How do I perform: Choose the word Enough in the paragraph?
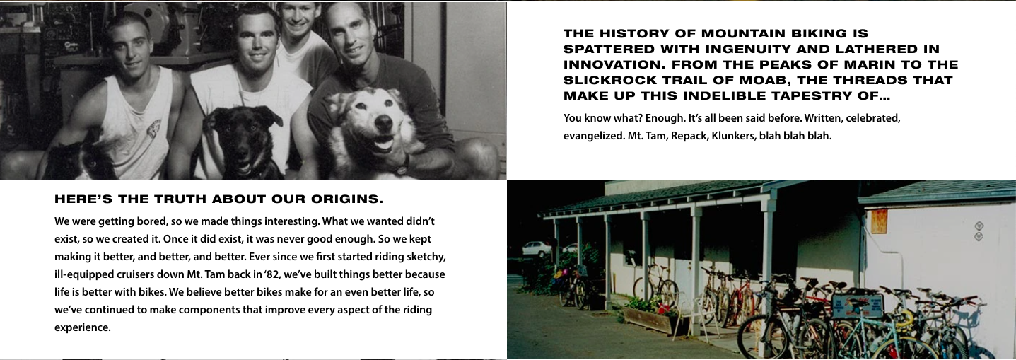tap(665, 119)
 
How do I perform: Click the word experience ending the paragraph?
tap(82, 327)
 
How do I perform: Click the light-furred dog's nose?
tap(384, 122)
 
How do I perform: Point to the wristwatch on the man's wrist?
tap(402, 167)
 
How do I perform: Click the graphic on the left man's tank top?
tap(153, 131)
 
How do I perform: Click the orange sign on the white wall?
tap(879, 221)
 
